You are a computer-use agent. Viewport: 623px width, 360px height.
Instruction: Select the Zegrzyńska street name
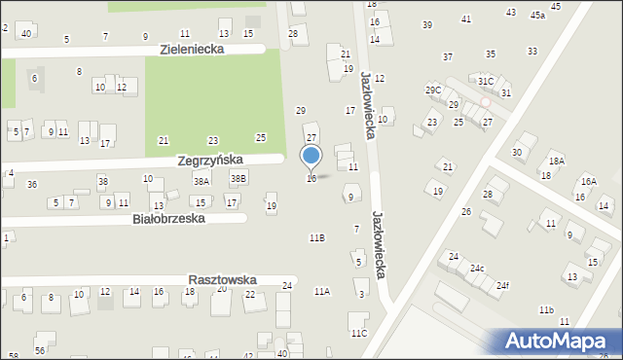pos(223,159)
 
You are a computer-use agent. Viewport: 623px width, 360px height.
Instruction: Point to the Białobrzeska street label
pos(168,219)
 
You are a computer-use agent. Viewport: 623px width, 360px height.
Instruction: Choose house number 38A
pos(202,181)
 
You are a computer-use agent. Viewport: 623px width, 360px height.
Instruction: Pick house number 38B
pos(238,178)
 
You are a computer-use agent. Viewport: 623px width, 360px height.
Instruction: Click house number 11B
pos(316,237)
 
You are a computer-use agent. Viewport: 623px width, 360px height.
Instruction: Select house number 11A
pos(321,291)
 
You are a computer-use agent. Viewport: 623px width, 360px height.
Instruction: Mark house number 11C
pos(359,334)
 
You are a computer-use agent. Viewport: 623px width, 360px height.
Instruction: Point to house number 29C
pos(433,90)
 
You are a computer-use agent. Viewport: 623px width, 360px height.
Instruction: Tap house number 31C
pos(486,81)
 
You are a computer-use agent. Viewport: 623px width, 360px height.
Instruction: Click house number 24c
pos(477,268)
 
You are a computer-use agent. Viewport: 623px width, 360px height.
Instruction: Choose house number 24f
pos(502,285)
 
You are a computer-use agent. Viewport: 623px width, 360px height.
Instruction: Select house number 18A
pos(556,162)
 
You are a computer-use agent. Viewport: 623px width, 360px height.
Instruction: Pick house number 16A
pos(588,181)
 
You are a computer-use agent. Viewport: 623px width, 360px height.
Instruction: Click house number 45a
pos(537,16)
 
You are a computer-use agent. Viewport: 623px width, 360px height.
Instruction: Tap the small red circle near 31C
pos(485,101)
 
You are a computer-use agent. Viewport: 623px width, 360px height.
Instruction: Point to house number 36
pos(32,184)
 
